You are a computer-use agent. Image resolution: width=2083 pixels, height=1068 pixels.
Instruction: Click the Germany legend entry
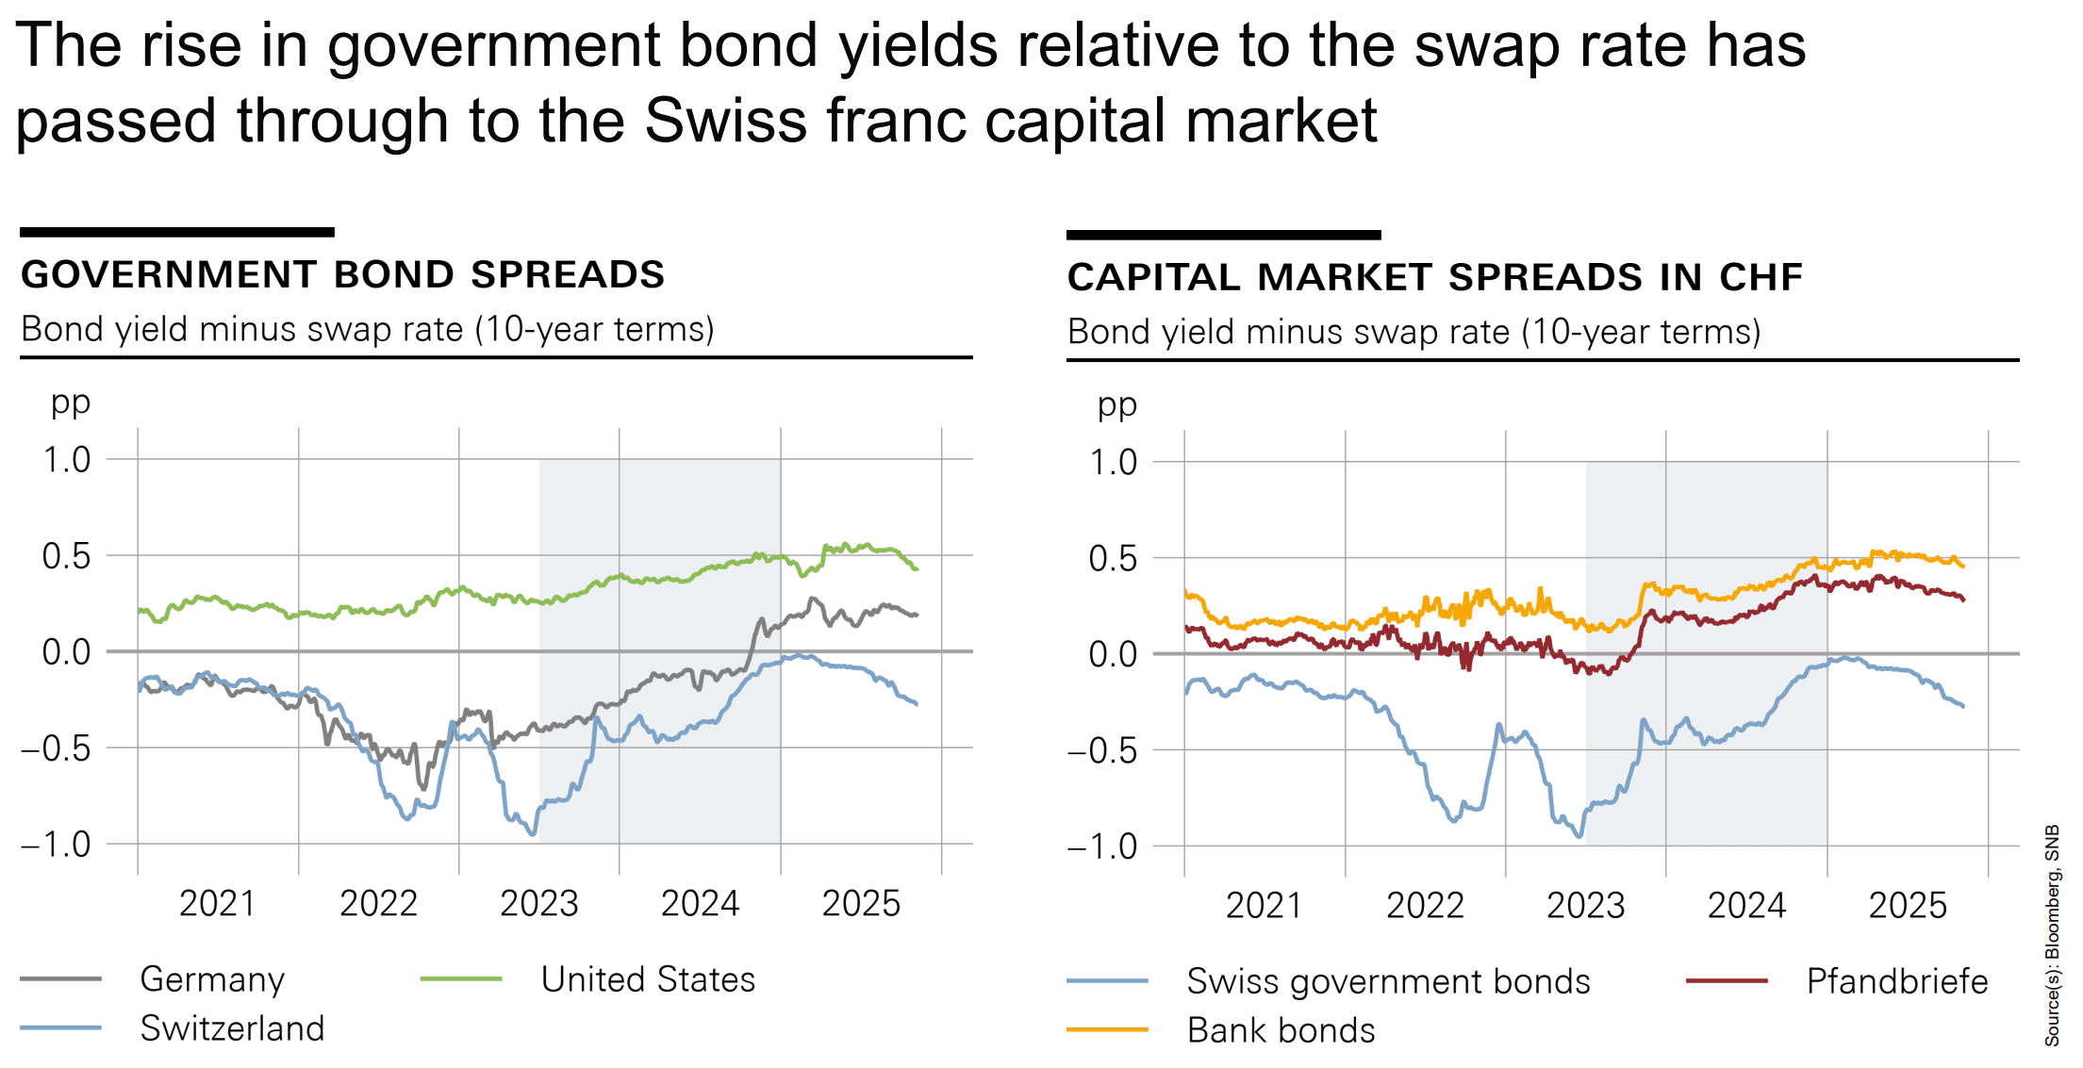tap(211, 979)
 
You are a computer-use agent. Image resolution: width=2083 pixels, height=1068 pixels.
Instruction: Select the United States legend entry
tap(648, 979)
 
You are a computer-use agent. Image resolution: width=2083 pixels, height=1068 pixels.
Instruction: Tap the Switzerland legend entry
tap(232, 1028)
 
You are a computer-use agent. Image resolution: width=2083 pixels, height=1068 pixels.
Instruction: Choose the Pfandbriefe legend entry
tap(1896, 981)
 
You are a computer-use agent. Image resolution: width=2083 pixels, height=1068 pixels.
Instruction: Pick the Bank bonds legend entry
tap(1281, 1030)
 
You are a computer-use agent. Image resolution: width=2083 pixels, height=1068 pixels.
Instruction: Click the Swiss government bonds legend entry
tap(1388, 981)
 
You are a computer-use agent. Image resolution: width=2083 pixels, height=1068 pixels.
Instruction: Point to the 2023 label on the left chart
tap(538, 903)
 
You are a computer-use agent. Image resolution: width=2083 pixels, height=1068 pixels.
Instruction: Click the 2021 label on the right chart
tap(1264, 905)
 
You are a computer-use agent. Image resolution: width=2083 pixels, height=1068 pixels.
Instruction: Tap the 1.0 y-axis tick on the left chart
tap(67, 460)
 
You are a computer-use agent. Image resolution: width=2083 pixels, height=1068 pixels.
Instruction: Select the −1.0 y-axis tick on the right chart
tap(1102, 846)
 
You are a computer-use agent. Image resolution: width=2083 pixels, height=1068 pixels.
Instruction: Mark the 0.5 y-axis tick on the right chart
tap(1113, 558)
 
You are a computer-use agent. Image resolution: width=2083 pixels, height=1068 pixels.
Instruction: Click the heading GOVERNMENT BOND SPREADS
tap(342, 274)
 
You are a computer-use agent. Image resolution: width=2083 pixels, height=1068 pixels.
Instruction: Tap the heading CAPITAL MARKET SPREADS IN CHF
tap(1434, 277)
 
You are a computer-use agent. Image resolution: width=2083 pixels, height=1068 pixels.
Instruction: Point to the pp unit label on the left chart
tap(71, 403)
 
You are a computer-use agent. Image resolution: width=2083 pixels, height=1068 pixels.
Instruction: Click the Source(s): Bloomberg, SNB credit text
tap(2053, 935)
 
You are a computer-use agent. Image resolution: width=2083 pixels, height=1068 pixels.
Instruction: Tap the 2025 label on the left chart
tap(861, 903)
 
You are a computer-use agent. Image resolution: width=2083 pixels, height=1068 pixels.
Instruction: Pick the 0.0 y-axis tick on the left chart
tap(67, 651)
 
